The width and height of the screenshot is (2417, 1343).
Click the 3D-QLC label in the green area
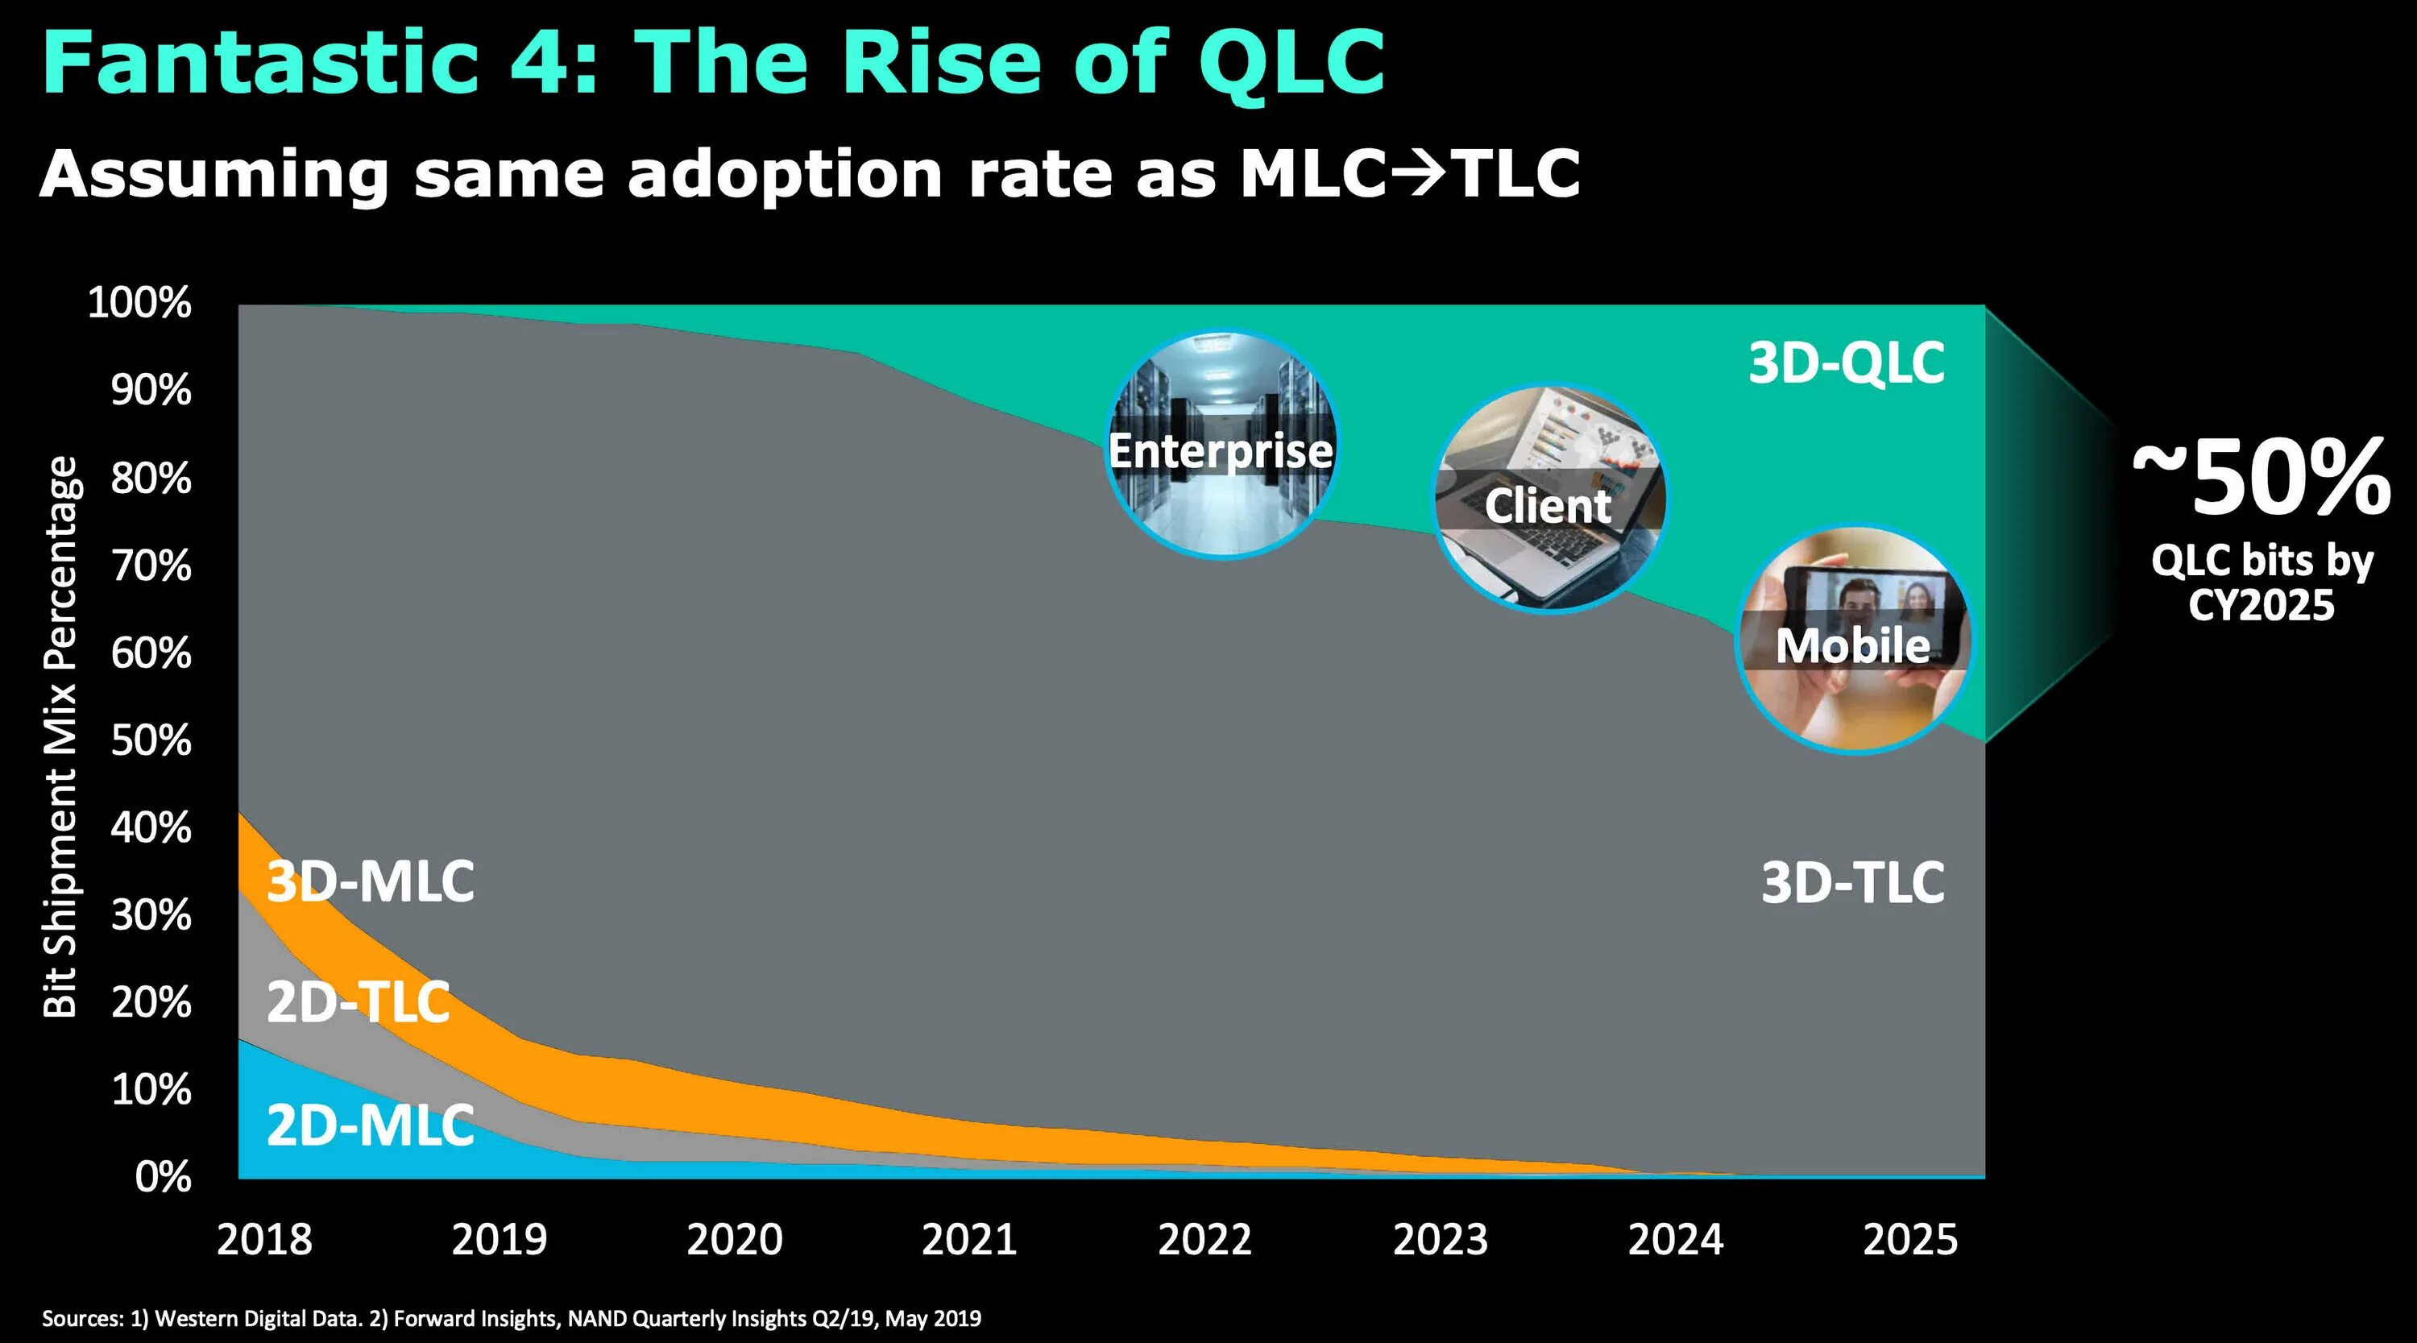[x=1846, y=363]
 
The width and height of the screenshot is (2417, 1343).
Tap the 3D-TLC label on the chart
[x=1852, y=883]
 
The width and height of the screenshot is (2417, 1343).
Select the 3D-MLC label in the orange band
[x=371, y=881]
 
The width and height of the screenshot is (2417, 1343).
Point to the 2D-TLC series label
[x=359, y=1002]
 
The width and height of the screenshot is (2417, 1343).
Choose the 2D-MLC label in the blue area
[x=371, y=1125]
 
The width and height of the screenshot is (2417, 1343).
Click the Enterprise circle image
[x=1221, y=444]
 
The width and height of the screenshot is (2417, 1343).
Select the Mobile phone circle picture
[x=1853, y=640]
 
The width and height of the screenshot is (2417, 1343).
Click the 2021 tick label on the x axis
[x=969, y=1240]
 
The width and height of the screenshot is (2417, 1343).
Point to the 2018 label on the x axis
[x=264, y=1240]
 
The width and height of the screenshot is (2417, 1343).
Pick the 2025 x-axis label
[x=1910, y=1240]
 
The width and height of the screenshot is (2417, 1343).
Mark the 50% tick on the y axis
[x=151, y=740]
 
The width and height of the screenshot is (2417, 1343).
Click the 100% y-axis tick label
[x=139, y=303]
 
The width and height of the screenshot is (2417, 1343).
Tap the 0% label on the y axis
[x=164, y=1177]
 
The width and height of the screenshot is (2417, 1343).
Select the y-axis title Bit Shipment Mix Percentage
[x=60, y=736]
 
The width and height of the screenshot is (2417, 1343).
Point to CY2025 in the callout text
[x=2262, y=605]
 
